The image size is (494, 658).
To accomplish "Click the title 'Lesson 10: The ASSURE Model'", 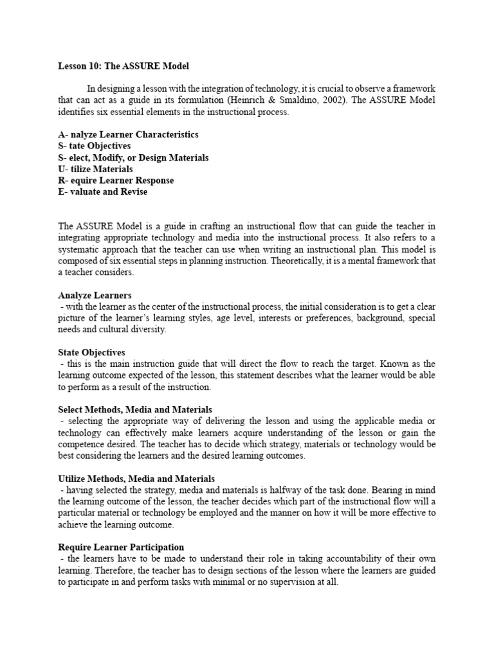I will tap(123, 66).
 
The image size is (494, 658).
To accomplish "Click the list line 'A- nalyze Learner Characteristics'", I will tap(128, 135).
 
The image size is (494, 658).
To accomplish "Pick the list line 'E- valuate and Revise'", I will tap(102, 191).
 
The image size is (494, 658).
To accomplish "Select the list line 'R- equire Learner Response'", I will tap(116, 181).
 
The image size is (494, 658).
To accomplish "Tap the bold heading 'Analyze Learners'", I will tap(95, 295).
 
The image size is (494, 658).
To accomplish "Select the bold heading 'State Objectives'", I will tap(91, 352).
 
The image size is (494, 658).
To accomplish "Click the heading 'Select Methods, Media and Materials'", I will tap(135, 409).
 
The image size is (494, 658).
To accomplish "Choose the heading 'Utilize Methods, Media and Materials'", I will tap(136, 478).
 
